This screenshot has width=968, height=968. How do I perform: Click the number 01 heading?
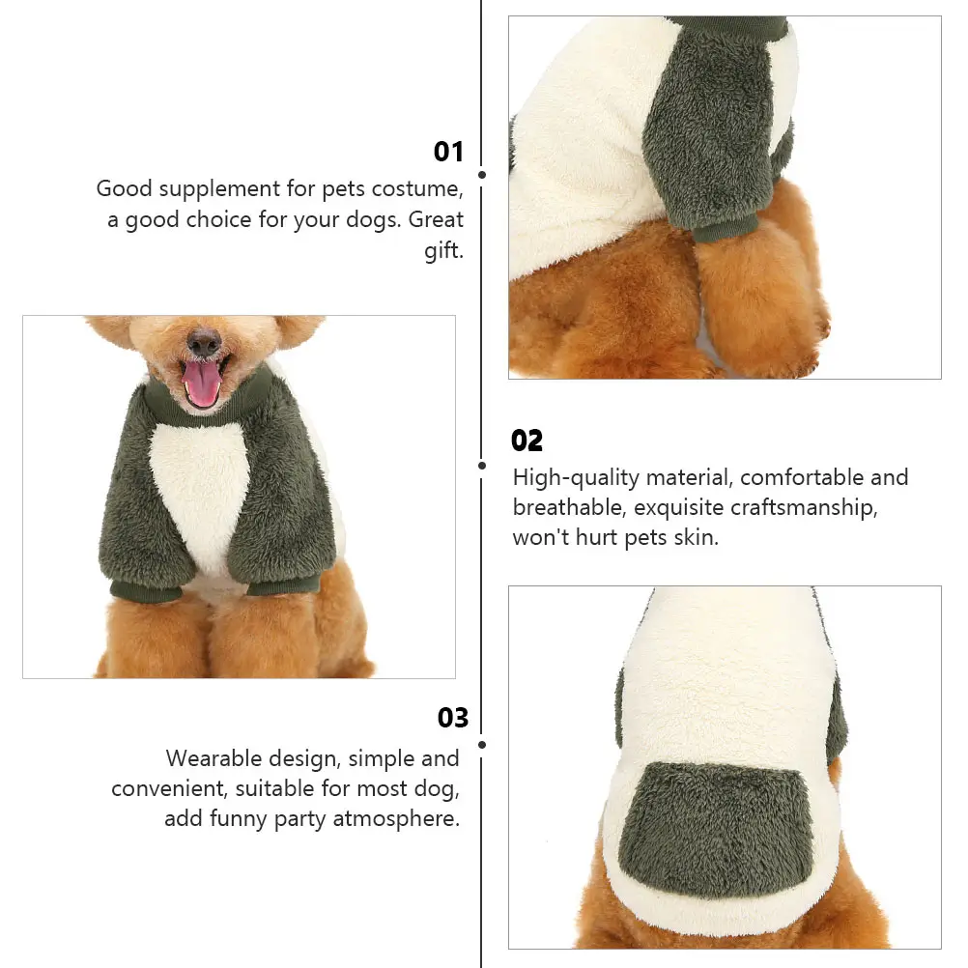(448, 152)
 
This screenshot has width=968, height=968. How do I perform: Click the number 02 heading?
(527, 441)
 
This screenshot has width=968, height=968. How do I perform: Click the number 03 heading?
(452, 718)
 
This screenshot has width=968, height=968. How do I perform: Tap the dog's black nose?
(204, 342)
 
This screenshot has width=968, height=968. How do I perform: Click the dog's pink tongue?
(202, 384)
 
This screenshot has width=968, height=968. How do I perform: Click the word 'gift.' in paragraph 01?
(443, 251)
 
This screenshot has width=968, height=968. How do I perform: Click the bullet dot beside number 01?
(482, 175)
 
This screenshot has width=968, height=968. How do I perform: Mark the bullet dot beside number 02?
(482, 465)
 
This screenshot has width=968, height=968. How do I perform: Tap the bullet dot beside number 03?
(482, 744)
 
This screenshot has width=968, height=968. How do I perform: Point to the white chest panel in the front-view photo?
(201, 493)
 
